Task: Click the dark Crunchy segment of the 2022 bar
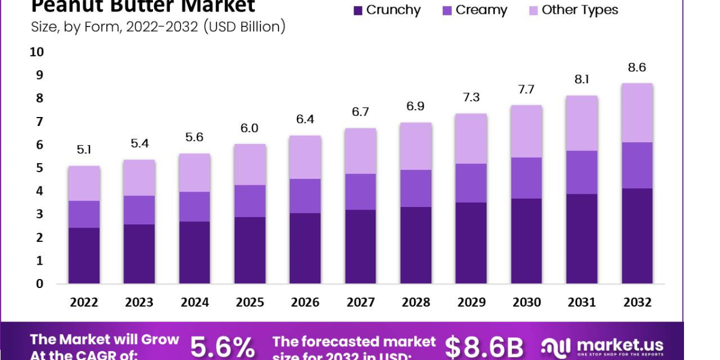(84, 256)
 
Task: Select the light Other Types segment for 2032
(637, 113)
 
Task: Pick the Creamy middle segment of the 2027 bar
(361, 191)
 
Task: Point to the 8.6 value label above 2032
(637, 67)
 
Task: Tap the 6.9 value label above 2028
(416, 107)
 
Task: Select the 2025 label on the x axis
(250, 302)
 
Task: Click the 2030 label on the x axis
(526, 302)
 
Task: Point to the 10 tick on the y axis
(37, 52)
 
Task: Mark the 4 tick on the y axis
(40, 191)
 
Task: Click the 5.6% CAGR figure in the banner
(223, 347)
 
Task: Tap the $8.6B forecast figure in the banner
(484, 347)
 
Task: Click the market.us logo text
(620, 346)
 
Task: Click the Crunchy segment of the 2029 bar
(471, 243)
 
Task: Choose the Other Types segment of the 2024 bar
(194, 173)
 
